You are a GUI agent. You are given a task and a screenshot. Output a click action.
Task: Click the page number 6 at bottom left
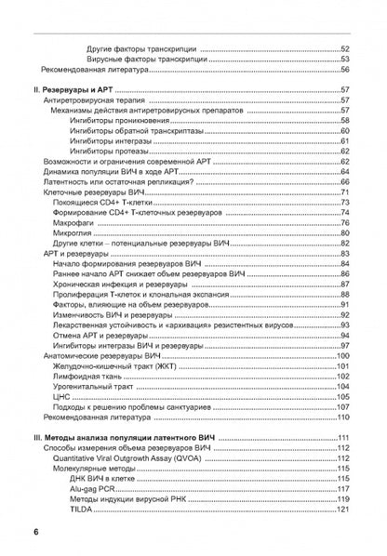(x=34, y=530)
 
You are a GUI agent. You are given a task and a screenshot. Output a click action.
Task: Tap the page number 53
(x=344, y=59)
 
